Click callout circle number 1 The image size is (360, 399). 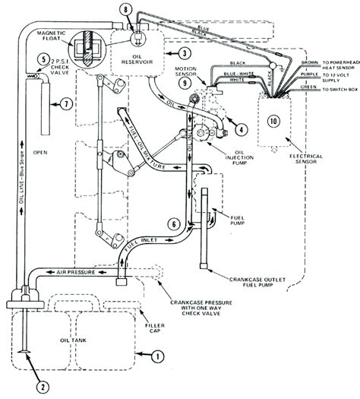(157, 355)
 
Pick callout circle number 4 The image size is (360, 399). (240, 128)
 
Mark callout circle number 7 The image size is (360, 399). (68, 103)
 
